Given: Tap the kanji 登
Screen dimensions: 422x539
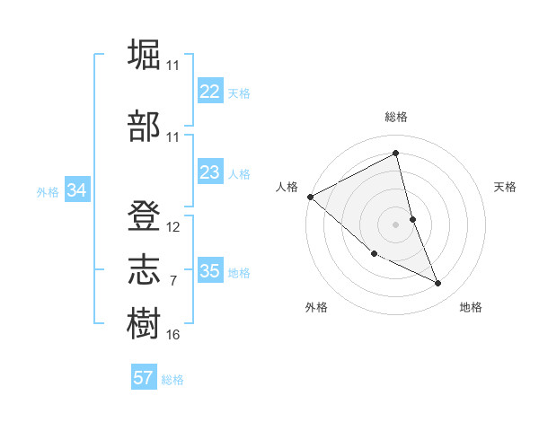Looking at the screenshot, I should point(144,216).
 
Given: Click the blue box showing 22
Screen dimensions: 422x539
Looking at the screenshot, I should point(210,92).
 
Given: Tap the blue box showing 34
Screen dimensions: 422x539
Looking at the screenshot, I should point(76,190).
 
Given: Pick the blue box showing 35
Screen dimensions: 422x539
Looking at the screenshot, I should point(210,271).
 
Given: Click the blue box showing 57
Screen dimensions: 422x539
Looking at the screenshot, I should point(143,378).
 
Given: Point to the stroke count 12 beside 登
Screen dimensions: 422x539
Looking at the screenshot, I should point(173,227).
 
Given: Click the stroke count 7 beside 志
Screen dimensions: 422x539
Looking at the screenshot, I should point(173,281).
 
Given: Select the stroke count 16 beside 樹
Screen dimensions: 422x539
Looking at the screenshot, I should point(173,335).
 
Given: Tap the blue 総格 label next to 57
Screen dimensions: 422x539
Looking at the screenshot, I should point(172,380).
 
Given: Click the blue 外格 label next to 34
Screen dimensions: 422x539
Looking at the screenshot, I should point(48,192).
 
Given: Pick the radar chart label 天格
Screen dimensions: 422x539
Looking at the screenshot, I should point(506,187).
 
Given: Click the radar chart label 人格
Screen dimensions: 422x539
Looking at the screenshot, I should point(287,187).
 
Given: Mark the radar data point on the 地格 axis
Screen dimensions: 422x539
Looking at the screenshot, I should point(437,284).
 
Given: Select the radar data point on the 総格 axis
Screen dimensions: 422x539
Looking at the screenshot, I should point(396,154).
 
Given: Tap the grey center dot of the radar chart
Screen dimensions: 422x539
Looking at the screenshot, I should point(396,224).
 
